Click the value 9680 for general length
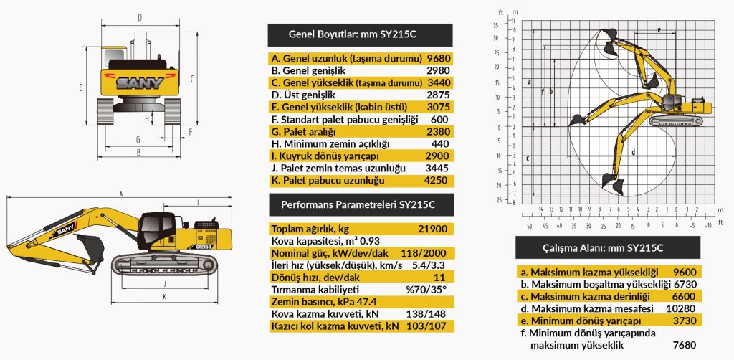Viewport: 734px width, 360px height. point(438,58)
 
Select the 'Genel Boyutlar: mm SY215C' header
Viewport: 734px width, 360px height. point(360,34)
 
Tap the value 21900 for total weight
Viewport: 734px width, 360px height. point(433,229)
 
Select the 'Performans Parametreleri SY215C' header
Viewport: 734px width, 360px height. point(360,204)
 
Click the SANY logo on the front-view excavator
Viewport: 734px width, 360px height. point(139,82)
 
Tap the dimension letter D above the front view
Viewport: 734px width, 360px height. point(139,16)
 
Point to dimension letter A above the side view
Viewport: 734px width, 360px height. point(121,194)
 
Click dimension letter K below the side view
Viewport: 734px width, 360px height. point(164,295)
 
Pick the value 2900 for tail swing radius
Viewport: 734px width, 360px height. point(438,156)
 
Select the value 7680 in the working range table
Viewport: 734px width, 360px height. point(685,345)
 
